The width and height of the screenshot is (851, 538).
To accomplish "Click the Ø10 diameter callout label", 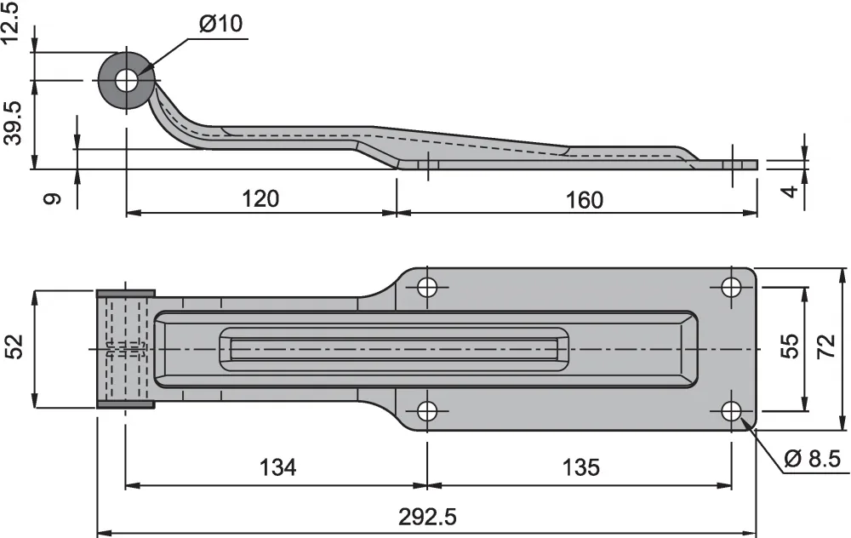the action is click(x=221, y=23).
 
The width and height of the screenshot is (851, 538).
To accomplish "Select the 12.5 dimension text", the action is click(x=11, y=22).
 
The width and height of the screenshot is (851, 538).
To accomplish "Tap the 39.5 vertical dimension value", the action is click(x=13, y=123).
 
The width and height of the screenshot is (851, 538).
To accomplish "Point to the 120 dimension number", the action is click(x=260, y=198).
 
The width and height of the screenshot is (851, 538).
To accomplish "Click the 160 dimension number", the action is click(x=584, y=200).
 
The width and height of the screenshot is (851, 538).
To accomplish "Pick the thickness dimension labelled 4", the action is click(x=791, y=191).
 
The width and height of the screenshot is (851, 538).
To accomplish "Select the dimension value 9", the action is click(x=53, y=198).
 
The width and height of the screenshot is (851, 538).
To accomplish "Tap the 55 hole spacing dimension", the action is click(x=790, y=346).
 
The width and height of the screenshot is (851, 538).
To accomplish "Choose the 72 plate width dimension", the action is click(x=825, y=346).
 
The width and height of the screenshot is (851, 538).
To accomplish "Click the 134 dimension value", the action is click(x=278, y=466).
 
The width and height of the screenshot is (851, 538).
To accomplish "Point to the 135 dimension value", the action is click(x=580, y=466).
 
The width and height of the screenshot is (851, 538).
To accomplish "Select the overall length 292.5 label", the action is click(x=427, y=517).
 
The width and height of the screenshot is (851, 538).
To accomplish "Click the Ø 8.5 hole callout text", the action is click(x=813, y=459).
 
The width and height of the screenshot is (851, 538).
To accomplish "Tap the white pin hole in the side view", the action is click(x=127, y=82).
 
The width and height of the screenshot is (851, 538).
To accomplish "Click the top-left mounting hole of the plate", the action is click(x=428, y=287).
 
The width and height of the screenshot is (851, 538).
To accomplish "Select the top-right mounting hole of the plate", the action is click(x=732, y=287).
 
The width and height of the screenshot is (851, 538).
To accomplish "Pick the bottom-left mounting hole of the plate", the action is click(x=428, y=411).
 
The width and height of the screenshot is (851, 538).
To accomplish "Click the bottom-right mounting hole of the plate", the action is click(x=732, y=411).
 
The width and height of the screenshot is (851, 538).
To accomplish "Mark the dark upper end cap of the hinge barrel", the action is click(x=126, y=294).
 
